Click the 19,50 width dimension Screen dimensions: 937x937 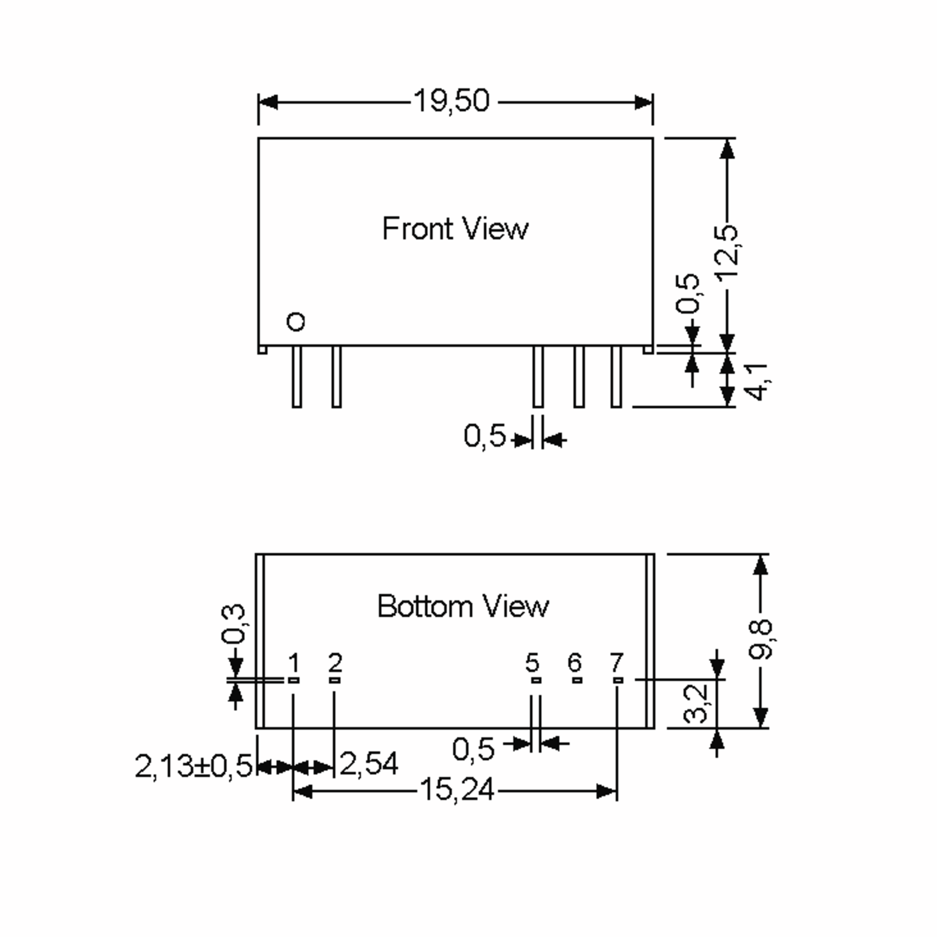(452, 101)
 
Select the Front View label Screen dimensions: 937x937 (455, 228)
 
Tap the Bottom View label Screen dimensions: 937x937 (463, 606)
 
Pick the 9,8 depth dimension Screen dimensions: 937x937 (761, 639)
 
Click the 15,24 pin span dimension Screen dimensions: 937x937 (456, 790)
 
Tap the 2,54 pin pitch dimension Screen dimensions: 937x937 (369, 764)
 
